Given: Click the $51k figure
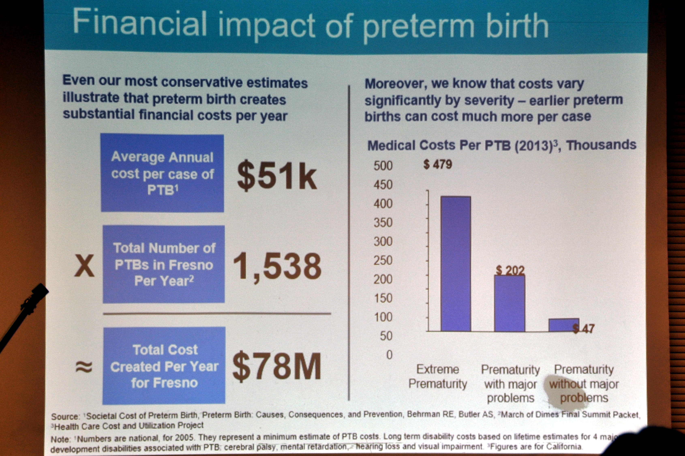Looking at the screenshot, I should pos(277,175).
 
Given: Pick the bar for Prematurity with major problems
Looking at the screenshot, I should pos(510,303).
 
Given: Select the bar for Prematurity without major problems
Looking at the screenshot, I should pos(564,325).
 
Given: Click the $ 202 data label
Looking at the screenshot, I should pos(510,271).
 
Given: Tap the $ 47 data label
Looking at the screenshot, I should pos(584,329).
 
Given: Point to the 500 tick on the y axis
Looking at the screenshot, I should pos(383,166).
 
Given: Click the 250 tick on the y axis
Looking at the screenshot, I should pos(383,260).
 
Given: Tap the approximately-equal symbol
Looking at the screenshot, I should pos(84,367).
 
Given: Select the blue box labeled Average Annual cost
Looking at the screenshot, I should pos(162,173).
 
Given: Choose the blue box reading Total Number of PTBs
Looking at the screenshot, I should pos(164,264).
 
